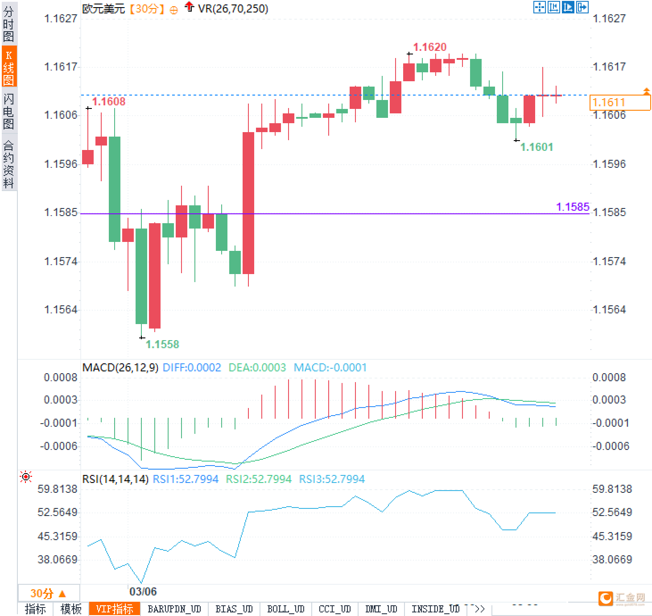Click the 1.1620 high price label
tap(429, 47)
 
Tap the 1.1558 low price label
tap(162, 344)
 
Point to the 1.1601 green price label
tap(536, 147)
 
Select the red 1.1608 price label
tap(109, 101)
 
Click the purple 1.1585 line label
tap(573, 207)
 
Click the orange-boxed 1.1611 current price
tap(619, 102)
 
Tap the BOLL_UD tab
tap(285, 609)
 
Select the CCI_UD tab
tap(334, 609)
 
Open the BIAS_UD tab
tap(234, 609)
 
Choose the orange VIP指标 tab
tap(115, 609)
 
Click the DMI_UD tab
tap(381, 609)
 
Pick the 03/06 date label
tap(143, 591)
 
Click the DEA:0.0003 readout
tap(257, 367)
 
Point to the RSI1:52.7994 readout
tap(186, 479)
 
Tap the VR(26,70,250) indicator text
tap(233, 8)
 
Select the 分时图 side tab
tap(8, 24)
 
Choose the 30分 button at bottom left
tap(48, 593)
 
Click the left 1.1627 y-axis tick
tap(60, 18)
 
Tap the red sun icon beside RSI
tap(26, 477)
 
